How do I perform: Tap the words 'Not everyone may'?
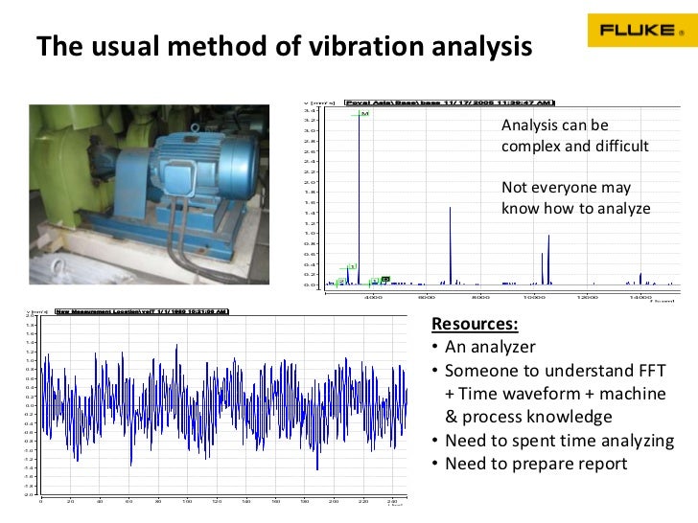pyautogui.click(x=566, y=188)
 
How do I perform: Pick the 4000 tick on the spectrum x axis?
pyautogui.click(x=374, y=296)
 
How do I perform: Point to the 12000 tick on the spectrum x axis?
pyautogui.click(x=588, y=296)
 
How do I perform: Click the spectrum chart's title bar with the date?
pyautogui.click(x=449, y=102)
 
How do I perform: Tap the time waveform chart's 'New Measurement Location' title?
pyautogui.click(x=140, y=311)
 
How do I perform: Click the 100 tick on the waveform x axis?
pyautogui.click(x=187, y=501)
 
